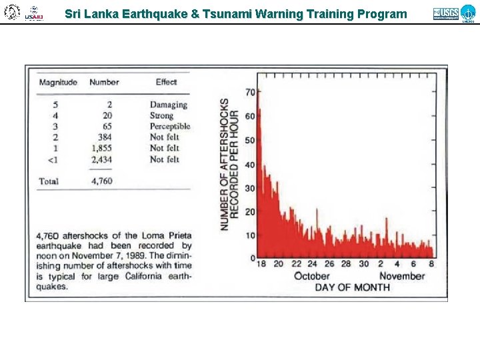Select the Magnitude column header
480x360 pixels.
pyautogui.click(x=58, y=83)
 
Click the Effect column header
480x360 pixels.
pyautogui.click(x=166, y=83)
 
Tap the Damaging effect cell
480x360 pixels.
pyautogui.click(x=168, y=105)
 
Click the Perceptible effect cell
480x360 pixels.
pyautogui.click(x=169, y=126)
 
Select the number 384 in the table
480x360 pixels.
pyautogui.click(x=104, y=137)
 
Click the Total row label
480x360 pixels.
pyautogui.click(x=49, y=181)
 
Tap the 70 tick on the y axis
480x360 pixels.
pyautogui.click(x=250, y=92)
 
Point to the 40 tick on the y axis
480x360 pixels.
pyautogui.click(x=250, y=165)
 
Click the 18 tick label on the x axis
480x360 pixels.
pyautogui.click(x=261, y=264)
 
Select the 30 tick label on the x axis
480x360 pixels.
pyautogui.click(x=363, y=264)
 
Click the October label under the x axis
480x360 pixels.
pyautogui.click(x=311, y=276)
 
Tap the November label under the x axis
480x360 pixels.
pyautogui.click(x=402, y=276)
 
